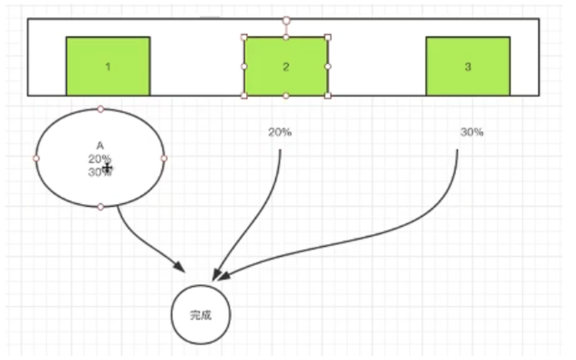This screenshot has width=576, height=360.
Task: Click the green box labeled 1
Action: [108, 67]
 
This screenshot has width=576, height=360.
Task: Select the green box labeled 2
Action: [285, 67]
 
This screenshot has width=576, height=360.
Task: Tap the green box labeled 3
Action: [467, 67]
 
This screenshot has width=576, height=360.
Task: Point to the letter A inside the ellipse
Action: [100, 145]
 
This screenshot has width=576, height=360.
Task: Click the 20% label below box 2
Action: [280, 132]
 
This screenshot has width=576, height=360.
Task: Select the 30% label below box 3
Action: [471, 132]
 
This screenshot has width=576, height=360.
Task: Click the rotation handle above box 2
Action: [286, 21]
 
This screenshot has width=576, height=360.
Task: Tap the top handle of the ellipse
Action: [100, 109]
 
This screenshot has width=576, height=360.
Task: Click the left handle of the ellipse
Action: [37, 158]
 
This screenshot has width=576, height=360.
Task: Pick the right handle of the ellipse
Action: [164, 158]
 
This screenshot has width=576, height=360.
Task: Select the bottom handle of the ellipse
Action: [100, 207]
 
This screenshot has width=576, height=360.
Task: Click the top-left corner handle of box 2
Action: [244, 37]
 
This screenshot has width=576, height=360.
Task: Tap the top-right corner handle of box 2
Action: [327, 37]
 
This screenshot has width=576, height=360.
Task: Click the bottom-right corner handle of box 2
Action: [327, 96]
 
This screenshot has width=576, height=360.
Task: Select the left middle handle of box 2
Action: [244, 67]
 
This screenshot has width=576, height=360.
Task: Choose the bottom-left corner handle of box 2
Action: [244, 96]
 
